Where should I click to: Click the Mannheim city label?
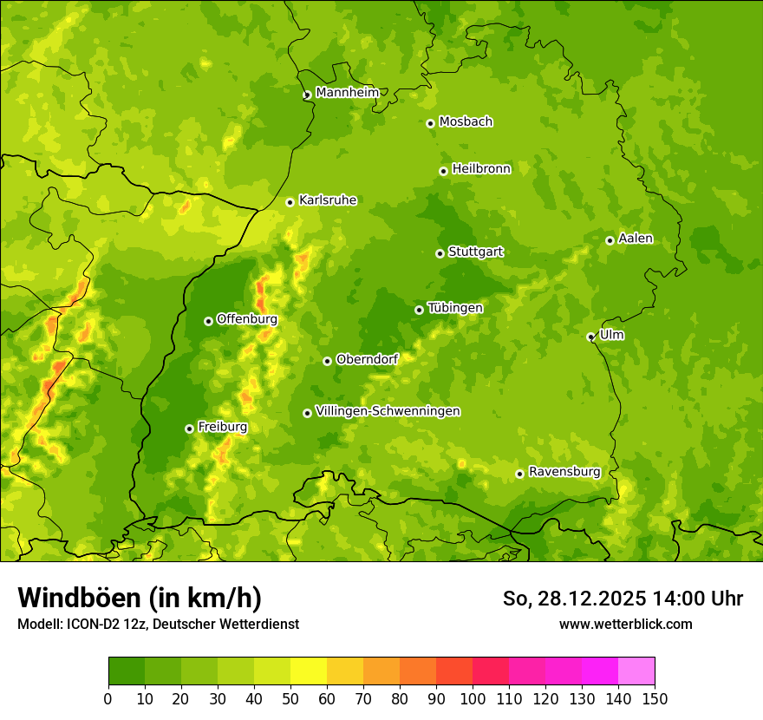coord(347,93)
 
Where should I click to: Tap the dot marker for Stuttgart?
coord(440,253)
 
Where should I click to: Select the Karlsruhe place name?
coord(328,200)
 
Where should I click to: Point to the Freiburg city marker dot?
coord(189,429)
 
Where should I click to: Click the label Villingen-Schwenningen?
coord(388,411)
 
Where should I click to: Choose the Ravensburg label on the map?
coord(564,472)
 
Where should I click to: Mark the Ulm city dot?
coord(590,337)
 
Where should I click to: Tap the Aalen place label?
coord(636,239)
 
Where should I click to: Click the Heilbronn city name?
coord(481,169)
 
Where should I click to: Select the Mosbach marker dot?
coord(430,123)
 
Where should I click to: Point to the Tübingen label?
coord(455,308)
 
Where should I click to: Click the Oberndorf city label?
coord(367,359)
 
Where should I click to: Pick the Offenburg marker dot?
coord(208,321)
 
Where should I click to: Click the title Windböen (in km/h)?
coord(140,598)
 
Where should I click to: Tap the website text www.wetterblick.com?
coord(626,624)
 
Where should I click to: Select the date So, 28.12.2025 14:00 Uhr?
coord(623,599)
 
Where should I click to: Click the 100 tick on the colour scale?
coord(473,698)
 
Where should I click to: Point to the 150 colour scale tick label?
coord(655,698)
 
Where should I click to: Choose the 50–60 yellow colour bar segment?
coord(309,671)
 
